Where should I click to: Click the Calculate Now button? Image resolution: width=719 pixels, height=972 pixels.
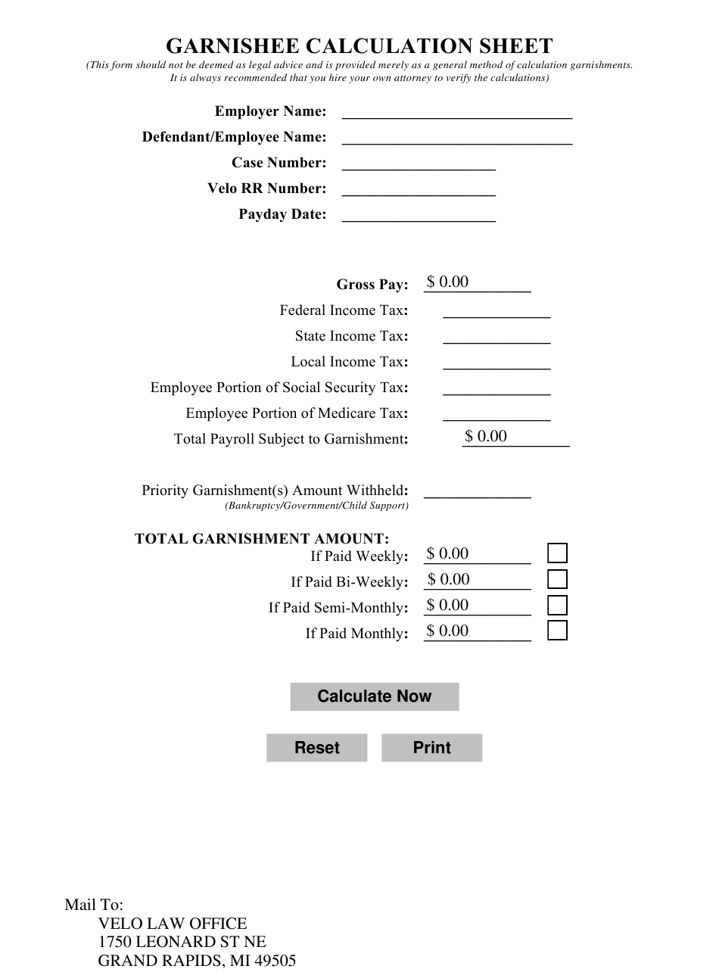374,696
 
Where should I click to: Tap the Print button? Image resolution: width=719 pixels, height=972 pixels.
431,748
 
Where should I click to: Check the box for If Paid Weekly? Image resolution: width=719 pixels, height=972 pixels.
557,553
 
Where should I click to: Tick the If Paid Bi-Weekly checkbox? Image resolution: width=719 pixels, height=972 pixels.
557,579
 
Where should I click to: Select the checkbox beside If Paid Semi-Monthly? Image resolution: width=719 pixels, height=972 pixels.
557,605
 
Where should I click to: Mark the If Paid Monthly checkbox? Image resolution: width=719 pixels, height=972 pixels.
557,631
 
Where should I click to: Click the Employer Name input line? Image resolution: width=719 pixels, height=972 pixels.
457,111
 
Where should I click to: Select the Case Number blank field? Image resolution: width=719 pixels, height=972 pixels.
419,163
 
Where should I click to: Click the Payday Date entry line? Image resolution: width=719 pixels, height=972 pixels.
419,214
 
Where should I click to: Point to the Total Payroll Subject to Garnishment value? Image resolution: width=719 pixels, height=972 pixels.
515,437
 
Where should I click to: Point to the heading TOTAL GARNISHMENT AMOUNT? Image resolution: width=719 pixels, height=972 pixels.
262,539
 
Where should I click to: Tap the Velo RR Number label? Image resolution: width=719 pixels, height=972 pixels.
267,188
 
